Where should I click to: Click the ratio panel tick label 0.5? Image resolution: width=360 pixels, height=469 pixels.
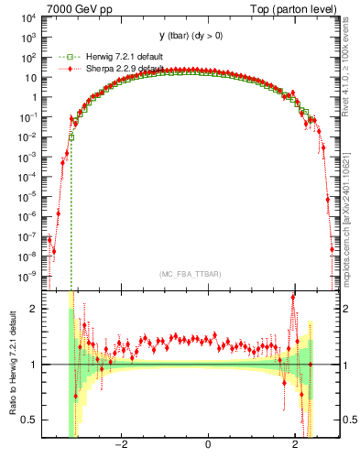(x=30, y=420)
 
